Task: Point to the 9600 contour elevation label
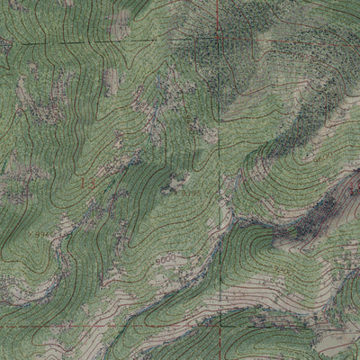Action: point(322,157)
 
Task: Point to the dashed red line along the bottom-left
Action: point(72,325)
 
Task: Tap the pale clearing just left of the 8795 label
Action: point(173,187)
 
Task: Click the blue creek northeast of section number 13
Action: point(126,162)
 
